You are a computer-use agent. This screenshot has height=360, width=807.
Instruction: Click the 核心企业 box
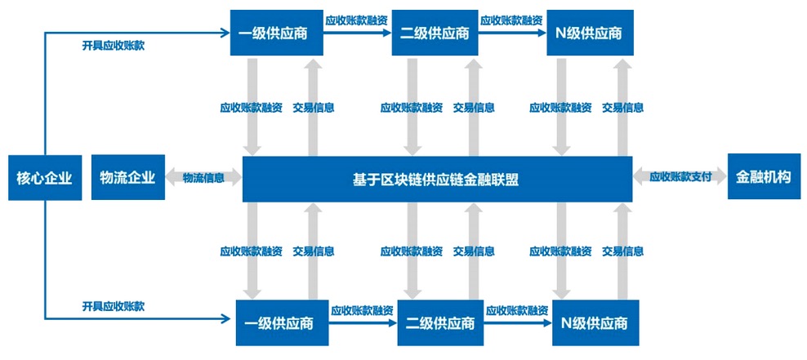[45, 178]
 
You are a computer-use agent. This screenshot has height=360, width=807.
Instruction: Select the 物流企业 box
[128, 177]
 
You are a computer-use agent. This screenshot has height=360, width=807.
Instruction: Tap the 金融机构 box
[765, 177]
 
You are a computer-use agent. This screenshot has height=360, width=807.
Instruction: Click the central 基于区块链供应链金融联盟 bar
[437, 179]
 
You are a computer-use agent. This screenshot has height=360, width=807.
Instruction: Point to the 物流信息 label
[204, 178]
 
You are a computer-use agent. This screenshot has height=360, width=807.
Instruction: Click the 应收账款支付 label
[680, 177]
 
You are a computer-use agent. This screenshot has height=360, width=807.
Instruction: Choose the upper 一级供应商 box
[276, 33]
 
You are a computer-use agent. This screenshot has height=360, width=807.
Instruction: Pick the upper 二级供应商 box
[435, 33]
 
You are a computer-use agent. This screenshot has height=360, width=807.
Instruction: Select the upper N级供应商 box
[590, 33]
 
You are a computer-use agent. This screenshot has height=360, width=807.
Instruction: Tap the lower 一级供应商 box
[282, 323]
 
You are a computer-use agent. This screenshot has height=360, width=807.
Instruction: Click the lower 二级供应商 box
[440, 323]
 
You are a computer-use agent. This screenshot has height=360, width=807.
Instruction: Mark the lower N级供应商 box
[595, 323]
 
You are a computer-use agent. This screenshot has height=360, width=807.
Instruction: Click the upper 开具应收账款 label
[114, 46]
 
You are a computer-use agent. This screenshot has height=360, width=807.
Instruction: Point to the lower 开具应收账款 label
[114, 306]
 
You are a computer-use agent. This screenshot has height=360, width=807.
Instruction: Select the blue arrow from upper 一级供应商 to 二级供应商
[357, 33]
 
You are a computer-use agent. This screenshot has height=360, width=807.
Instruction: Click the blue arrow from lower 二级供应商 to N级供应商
[519, 323]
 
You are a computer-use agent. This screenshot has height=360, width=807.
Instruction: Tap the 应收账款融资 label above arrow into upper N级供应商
[511, 20]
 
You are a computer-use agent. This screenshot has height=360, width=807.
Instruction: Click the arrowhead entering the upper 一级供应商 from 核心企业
[225, 33]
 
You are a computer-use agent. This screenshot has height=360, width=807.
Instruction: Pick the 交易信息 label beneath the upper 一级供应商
[314, 108]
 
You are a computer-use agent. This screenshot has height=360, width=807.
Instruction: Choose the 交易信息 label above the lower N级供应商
[622, 251]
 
